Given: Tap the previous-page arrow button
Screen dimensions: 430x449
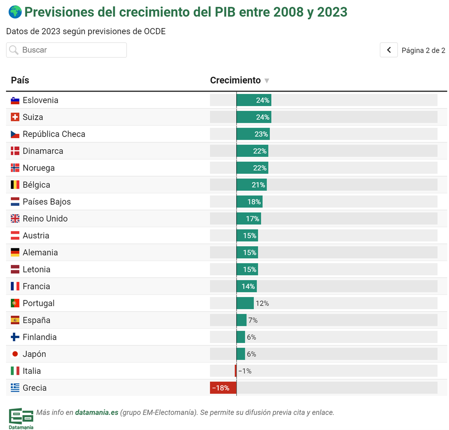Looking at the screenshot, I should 388,50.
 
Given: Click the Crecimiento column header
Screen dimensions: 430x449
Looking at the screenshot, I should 236,80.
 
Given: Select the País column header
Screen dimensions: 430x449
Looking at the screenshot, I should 20,80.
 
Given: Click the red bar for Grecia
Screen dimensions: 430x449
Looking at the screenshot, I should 223,388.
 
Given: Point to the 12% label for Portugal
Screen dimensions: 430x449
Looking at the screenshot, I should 262,303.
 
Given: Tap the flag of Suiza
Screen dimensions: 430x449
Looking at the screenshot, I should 15,117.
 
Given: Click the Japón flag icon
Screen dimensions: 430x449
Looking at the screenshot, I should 15,354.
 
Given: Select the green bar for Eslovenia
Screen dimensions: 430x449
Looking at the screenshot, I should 253,100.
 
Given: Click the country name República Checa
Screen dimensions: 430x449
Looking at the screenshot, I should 54,134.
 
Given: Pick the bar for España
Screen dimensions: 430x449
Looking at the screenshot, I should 242,320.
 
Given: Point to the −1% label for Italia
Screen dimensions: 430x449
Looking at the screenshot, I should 245,371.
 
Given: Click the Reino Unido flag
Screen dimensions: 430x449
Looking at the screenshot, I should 15,219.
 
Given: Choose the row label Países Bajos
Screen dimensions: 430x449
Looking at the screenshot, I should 47,202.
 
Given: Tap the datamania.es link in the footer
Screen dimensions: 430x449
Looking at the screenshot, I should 97,413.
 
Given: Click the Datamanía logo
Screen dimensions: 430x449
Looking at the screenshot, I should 21,418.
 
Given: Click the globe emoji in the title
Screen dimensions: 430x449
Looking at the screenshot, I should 15,12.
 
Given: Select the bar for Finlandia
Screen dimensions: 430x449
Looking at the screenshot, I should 241,337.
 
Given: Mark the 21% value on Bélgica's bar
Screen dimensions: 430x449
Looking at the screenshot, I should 258,185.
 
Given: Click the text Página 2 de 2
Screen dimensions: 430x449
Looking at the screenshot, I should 423,50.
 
